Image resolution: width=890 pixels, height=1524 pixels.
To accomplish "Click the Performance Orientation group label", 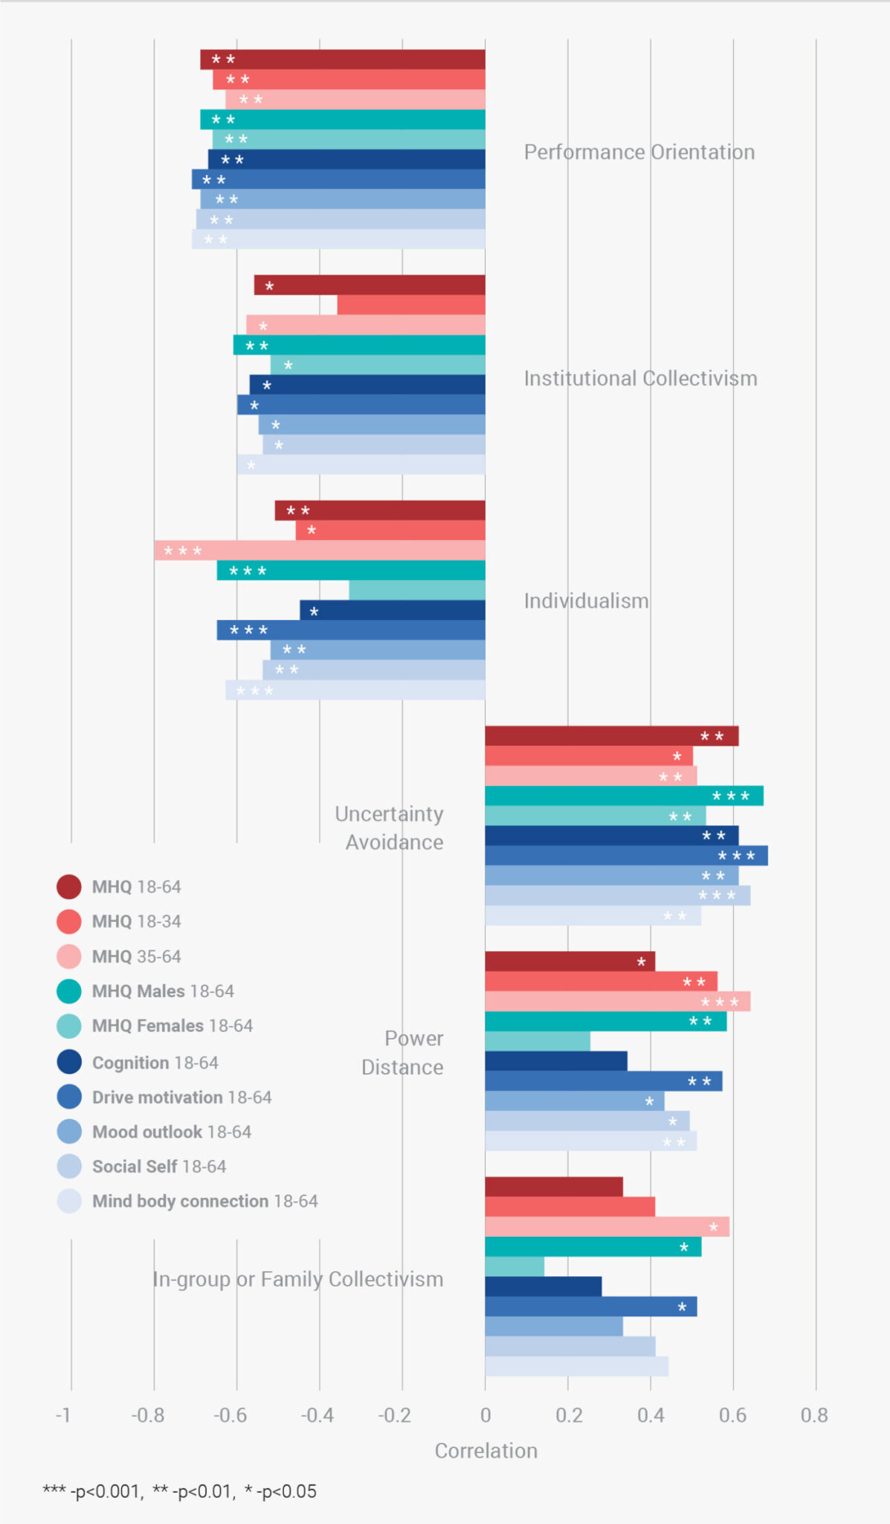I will coord(639,152).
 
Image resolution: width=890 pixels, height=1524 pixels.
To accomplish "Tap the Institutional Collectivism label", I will coord(640,378).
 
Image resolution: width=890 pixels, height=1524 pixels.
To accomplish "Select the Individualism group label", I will coord(586,601).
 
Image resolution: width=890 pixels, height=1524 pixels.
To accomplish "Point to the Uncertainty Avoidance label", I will coord(390,827).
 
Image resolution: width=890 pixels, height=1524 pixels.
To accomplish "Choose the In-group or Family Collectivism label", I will coord(297,1278).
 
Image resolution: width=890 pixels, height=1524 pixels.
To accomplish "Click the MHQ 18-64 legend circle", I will coord(69,886).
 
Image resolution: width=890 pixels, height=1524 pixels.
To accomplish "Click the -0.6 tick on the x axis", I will coord(230,1415).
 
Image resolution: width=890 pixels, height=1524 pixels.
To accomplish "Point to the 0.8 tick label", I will coord(814,1415).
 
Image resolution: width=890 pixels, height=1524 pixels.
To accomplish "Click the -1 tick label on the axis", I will coord(64,1415).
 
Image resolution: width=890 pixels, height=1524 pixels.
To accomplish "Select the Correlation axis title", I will coord(486,1450).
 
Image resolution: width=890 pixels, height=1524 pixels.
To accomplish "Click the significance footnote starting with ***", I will coord(179,1491).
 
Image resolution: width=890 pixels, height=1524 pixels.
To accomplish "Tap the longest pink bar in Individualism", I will coord(320,551).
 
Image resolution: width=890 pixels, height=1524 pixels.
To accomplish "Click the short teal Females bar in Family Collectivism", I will coord(515,1266).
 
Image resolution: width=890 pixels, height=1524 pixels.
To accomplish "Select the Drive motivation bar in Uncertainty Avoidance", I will coord(626,855).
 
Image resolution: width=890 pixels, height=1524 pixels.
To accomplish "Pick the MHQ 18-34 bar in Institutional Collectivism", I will coord(411,305).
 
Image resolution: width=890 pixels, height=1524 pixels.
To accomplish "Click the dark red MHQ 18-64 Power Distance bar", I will coord(570,961).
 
